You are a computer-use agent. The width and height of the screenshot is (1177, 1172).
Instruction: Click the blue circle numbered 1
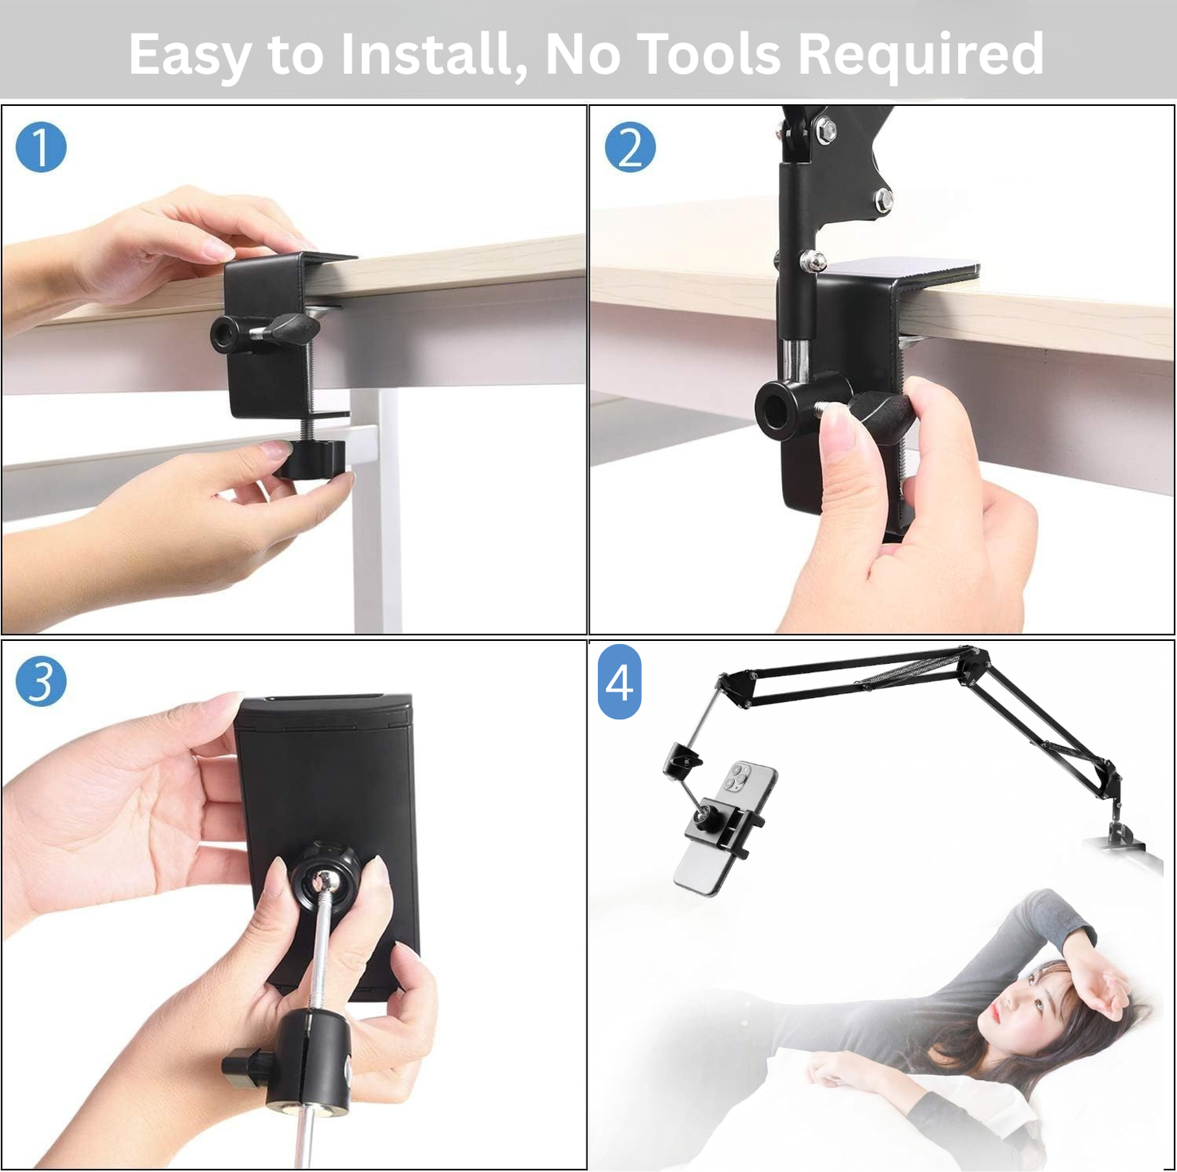[x=41, y=147]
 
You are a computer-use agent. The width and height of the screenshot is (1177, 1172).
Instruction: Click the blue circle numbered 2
[x=630, y=147]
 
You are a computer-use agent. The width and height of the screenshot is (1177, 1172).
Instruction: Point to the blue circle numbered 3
[x=41, y=682]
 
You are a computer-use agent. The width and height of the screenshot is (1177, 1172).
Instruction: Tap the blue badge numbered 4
[x=619, y=682]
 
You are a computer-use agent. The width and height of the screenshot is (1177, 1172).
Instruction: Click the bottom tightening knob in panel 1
[x=310, y=459]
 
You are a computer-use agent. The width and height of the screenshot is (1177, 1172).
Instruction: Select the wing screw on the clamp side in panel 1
[x=293, y=327]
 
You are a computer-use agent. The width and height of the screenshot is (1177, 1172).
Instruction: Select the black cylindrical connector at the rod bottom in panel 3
[x=310, y=1059]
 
